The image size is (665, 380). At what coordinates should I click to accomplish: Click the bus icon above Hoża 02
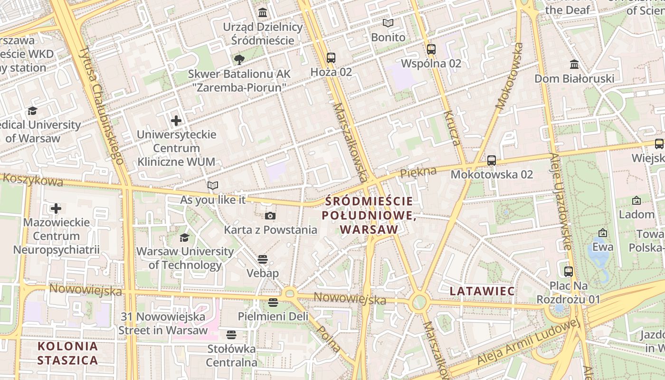(331, 58)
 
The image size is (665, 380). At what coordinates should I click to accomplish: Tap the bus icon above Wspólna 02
(431, 49)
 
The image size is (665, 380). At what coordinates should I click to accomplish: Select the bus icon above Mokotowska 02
(492, 161)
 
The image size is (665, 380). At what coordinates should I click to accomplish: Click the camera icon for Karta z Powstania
(270, 216)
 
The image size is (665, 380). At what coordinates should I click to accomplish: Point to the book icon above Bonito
(388, 23)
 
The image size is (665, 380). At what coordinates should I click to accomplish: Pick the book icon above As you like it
(213, 185)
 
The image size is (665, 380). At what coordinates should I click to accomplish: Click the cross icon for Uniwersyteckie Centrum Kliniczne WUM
(176, 121)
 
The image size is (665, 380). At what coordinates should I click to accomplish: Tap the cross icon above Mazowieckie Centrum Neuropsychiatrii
(56, 209)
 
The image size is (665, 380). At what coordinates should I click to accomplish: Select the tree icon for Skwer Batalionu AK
(239, 60)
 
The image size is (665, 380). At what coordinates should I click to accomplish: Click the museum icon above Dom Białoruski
(574, 64)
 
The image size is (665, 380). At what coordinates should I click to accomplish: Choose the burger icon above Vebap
(263, 259)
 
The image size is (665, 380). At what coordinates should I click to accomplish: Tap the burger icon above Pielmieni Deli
(273, 302)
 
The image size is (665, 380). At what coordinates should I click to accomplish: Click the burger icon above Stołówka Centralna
(231, 335)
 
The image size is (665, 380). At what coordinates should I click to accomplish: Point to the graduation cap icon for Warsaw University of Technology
(184, 237)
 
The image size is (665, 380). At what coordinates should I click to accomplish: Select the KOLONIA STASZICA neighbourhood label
(67, 353)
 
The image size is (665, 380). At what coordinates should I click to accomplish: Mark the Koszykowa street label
(33, 180)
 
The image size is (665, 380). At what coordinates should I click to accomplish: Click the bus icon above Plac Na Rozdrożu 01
(569, 272)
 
